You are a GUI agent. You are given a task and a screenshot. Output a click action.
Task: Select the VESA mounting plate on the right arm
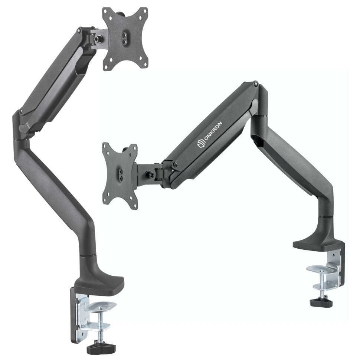point(120,176)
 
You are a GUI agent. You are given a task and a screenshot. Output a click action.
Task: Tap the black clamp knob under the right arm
point(321,302)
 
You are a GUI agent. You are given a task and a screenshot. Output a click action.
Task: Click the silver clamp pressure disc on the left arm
point(100,307)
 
